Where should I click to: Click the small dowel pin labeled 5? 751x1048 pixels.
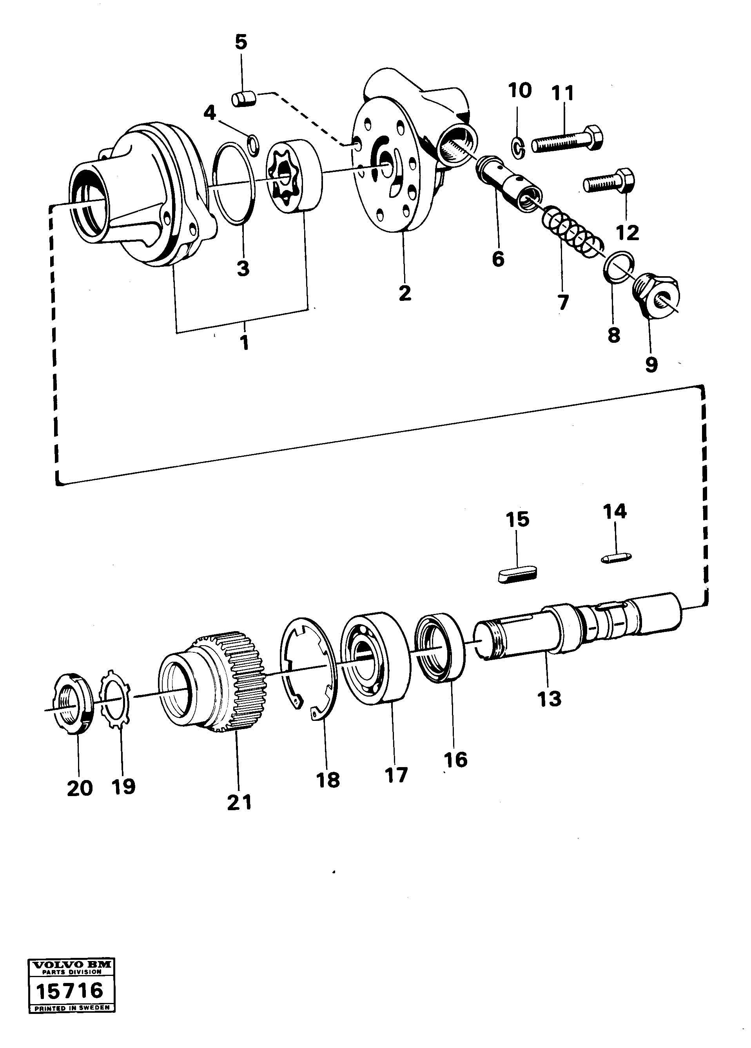[243, 99]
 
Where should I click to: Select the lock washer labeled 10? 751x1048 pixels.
[517, 147]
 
